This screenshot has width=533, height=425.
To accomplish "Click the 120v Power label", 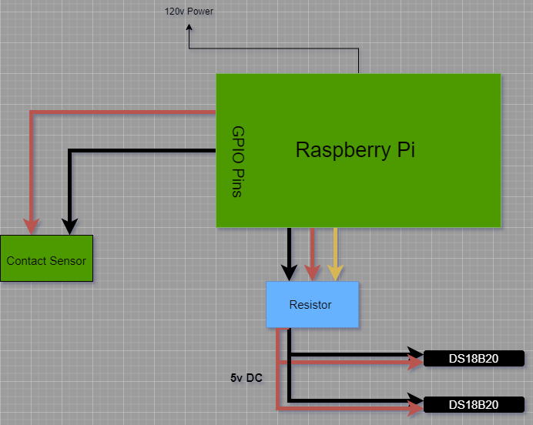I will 189,12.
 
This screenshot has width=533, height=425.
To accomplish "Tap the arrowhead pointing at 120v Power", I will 189,28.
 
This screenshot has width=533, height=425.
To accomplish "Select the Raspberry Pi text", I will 355,149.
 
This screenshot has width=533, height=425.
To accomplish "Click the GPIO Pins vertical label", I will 237,162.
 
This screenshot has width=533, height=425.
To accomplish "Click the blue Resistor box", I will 312,305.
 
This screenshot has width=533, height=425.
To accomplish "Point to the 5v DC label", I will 246,379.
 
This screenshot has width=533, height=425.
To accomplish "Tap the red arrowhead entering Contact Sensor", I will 32,226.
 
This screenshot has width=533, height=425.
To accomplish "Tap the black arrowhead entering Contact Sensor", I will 69,226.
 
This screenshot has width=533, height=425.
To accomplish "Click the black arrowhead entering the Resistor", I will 289,273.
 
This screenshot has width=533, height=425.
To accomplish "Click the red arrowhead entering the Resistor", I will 312,273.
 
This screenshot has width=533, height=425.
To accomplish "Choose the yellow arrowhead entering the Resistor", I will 335,273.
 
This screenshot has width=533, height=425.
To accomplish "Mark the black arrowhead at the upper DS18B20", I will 417,355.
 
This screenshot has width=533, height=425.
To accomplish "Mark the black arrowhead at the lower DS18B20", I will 417,400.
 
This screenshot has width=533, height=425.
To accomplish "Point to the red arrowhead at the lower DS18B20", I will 417,408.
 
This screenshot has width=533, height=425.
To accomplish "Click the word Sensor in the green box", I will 68,260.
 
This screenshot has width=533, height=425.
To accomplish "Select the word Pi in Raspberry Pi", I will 406,149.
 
